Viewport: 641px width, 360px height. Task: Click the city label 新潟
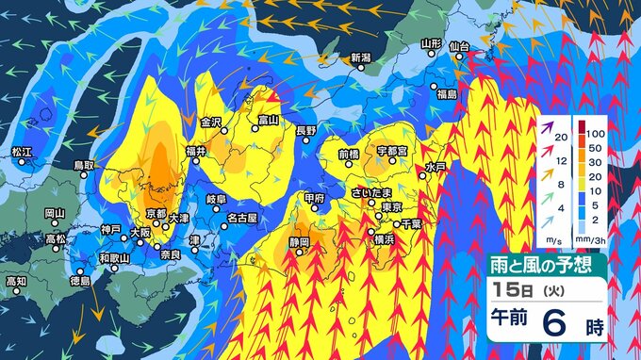coord(362,57)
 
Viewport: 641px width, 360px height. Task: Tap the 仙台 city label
coord(459,44)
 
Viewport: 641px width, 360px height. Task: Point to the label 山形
coord(431,42)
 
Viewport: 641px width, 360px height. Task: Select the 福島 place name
coord(446,94)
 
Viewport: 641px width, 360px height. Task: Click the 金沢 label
coord(210,122)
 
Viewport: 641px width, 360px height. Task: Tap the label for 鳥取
coord(85,165)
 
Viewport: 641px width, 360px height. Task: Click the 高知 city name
coord(16,280)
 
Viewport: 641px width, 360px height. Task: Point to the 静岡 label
coord(300,242)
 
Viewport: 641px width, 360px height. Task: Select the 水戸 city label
coord(435,167)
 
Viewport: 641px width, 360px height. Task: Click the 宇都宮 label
coord(391,150)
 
